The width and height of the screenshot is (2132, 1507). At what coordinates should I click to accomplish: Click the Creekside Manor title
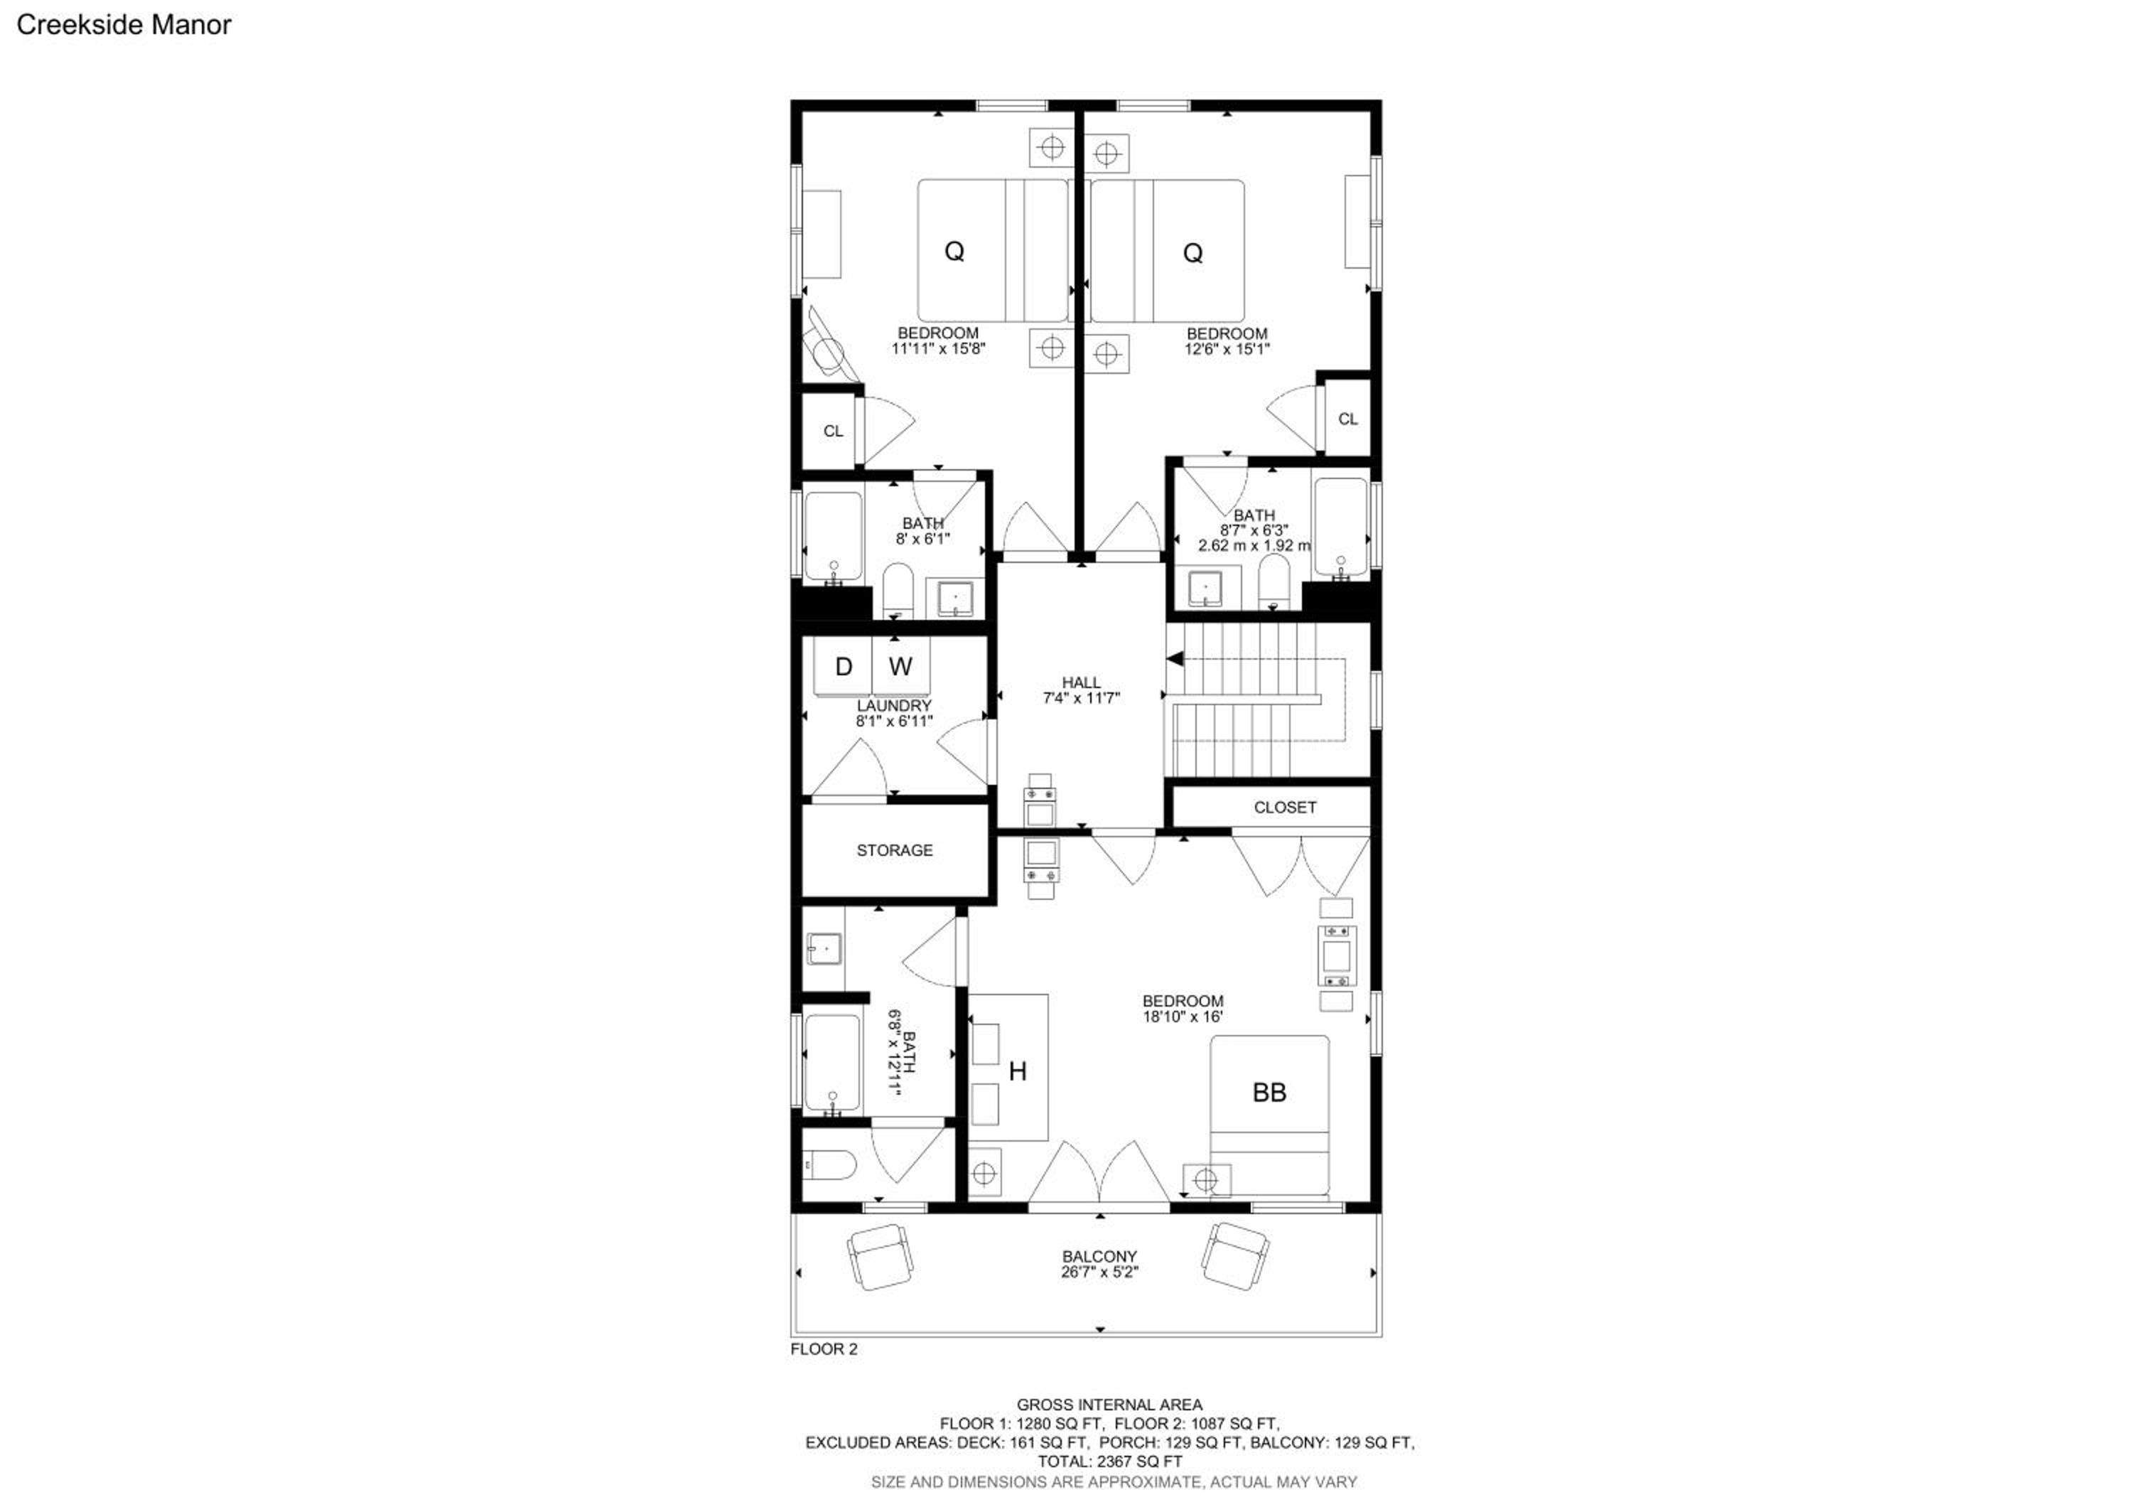tap(124, 25)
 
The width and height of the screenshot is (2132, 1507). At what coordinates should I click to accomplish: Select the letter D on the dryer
tap(843, 666)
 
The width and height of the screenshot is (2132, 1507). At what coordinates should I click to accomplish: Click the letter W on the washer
tap(900, 666)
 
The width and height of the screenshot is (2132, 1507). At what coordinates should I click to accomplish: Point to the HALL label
tap(1081, 682)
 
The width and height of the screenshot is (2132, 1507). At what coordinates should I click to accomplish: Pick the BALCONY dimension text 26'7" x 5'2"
tap(1099, 1272)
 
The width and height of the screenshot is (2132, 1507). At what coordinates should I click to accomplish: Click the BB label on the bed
tap(1269, 1093)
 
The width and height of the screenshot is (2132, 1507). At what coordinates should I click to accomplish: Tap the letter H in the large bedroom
tap(1018, 1071)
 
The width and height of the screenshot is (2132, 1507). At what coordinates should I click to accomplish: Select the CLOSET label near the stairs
tap(1285, 807)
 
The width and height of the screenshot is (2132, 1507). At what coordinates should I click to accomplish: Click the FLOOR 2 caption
tap(824, 1349)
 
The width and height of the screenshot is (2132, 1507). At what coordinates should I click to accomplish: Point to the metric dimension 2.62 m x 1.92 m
tap(1254, 545)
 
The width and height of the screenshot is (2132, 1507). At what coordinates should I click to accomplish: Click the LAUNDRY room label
tap(894, 706)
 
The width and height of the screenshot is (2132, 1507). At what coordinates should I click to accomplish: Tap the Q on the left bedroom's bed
tap(954, 251)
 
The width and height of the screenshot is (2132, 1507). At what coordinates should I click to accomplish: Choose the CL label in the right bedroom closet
tap(1347, 419)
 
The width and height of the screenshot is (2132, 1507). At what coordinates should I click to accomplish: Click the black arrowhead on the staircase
tap(1175, 659)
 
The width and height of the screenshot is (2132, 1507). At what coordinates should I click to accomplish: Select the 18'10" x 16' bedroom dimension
tap(1182, 1017)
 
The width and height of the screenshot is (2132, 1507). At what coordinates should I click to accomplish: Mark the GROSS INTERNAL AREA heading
tap(1109, 1405)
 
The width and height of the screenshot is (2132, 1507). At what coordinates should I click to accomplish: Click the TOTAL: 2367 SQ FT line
tap(1109, 1462)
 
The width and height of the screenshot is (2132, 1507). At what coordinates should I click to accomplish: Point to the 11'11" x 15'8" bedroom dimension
tap(938, 349)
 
